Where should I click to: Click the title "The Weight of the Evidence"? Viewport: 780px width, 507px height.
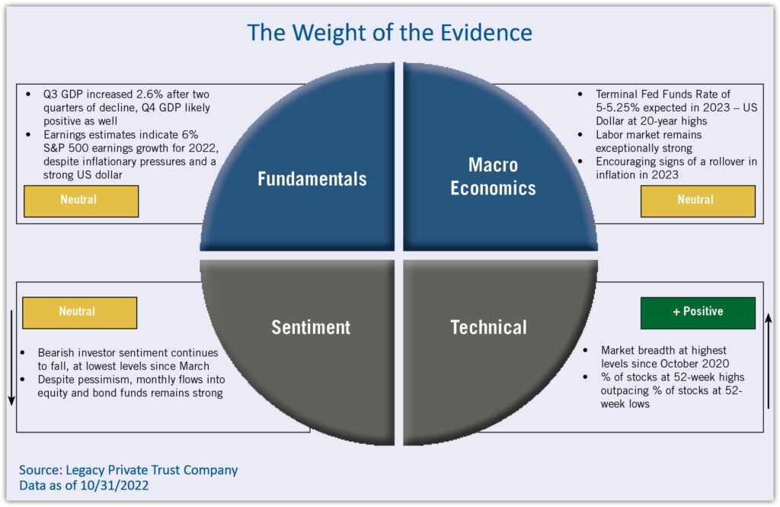(x=389, y=33)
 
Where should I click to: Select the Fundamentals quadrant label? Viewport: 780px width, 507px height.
(x=312, y=179)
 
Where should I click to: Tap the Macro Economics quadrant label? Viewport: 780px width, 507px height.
(x=493, y=177)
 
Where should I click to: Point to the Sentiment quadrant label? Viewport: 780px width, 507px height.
(x=311, y=328)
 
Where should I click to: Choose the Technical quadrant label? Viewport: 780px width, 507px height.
(x=488, y=328)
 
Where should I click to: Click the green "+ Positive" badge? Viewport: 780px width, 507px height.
(x=698, y=312)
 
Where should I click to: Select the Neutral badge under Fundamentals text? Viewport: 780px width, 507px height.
(x=81, y=200)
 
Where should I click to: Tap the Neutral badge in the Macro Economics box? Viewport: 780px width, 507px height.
(x=698, y=200)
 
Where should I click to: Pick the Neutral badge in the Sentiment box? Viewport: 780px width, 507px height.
(x=79, y=312)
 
